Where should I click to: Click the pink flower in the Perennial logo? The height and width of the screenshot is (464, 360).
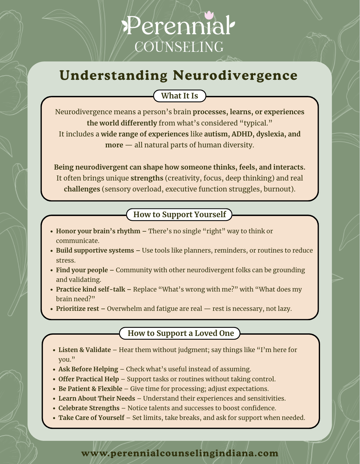209,15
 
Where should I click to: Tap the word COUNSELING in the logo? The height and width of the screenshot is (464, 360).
179,47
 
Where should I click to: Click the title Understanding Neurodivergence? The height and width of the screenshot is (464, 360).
179,75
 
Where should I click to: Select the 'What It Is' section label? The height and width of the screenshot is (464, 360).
179,96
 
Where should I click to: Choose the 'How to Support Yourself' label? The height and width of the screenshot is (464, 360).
179,215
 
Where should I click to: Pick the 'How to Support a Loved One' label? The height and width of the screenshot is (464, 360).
180,333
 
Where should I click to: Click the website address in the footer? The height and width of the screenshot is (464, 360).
180,453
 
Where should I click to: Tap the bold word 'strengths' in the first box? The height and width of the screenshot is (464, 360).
147,178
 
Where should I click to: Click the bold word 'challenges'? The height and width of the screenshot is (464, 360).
82,189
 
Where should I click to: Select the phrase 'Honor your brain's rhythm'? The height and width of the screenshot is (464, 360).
98,231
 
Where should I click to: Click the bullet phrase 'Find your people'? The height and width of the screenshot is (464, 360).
82,270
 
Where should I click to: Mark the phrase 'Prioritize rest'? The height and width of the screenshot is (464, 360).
77,309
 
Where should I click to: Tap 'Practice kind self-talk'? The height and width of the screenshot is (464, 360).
90,290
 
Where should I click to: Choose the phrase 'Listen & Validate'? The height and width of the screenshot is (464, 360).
84,350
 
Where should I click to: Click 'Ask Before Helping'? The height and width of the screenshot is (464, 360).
88,369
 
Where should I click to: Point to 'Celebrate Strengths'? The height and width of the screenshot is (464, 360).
89,408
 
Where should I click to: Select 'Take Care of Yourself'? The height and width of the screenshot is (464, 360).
91,418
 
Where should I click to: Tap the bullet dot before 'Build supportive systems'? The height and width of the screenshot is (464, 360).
52,251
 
